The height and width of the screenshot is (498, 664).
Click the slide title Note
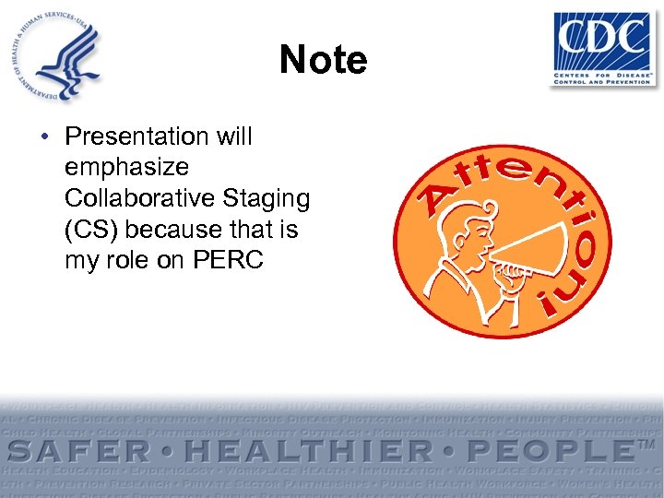tap(324, 60)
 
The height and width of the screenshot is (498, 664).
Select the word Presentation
tap(137, 136)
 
